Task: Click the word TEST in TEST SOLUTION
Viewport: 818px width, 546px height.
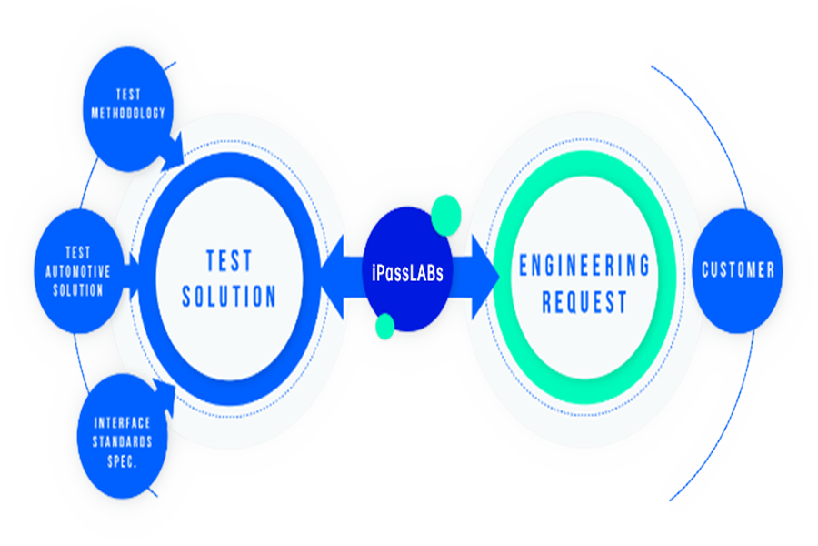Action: (229, 261)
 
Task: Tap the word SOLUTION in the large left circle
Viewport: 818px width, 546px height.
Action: (229, 297)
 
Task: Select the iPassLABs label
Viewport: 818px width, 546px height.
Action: (407, 271)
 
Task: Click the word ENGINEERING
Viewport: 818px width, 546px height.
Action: (584, 266)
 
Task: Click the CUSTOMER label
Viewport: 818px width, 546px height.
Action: (738, 270)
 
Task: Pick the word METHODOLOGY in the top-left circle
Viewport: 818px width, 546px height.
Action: (127, 114)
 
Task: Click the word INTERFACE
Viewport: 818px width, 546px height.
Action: (122, 423)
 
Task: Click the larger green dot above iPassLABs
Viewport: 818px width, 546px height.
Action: (445, 213)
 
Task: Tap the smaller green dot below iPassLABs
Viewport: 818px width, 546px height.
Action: (384, 325)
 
